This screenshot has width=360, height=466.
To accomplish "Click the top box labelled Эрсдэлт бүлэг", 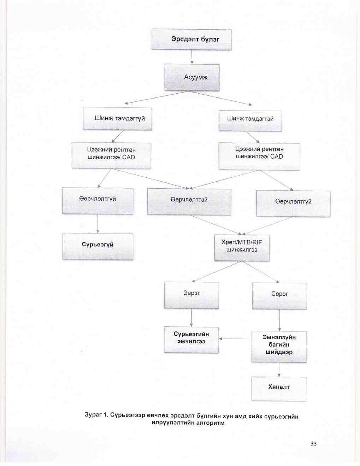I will [191, 39].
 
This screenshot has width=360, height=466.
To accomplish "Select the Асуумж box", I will [192, 77].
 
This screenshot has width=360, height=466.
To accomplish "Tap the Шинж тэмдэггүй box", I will [117, 119].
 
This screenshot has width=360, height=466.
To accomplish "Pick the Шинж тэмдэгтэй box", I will [250, 119].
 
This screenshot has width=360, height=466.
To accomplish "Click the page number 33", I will [313, 444].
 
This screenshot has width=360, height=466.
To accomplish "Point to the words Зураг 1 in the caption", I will [96, 414].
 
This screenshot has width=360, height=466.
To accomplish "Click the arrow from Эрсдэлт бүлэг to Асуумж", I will [192, 57].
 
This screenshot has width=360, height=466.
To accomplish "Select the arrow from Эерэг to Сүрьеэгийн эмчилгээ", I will [191, 318].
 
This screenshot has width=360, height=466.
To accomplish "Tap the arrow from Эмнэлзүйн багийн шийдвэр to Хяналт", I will [279, 370].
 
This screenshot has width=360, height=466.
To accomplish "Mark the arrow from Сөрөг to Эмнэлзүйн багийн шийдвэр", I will [279, 320].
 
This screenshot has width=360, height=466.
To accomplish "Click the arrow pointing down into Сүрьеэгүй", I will [98, 224].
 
